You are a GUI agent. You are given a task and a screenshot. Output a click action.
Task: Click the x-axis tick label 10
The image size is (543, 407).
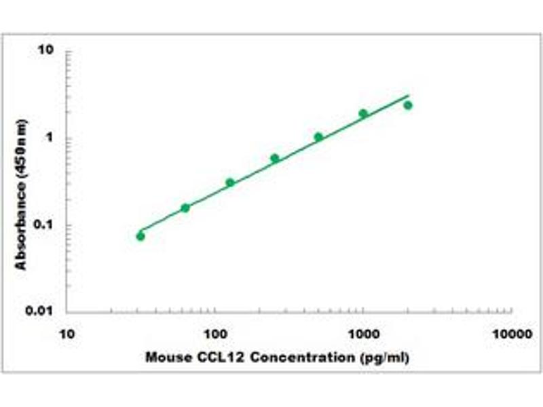pyautogui.click(x=67, y=334)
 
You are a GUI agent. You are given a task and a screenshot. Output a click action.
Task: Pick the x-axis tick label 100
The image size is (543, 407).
pyautogui.click(x=215, y=334)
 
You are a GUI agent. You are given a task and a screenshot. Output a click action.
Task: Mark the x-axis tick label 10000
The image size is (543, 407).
pyautogui.click(x=511, y=334)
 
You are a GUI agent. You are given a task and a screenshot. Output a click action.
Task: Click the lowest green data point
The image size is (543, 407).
pyautogui.click(x=141, y=236)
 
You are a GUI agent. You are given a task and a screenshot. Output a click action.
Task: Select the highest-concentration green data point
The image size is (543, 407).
pyautogui.click(x=408, y=105)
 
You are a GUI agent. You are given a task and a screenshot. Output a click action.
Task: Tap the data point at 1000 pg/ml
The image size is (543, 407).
pyautogui.click(x=363, y=114)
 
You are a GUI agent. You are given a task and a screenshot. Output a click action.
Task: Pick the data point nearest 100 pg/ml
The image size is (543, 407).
pyautogui.click(x=230, y=182)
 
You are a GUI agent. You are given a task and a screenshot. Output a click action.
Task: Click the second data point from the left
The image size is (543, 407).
pyautogui.click(x=185, y=208)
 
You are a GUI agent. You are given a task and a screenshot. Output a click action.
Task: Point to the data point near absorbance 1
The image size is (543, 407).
pyautogui.click(x=318, y=137)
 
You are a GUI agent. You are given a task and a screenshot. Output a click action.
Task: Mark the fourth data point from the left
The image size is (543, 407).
pyautogui.click(x=275, y=158)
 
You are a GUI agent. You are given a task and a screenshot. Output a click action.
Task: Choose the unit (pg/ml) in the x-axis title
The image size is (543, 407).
pyautogui.click(x=383, y=357)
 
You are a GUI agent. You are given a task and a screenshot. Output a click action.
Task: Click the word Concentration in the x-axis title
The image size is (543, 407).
pyautogui.click(x=295, y=357)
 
